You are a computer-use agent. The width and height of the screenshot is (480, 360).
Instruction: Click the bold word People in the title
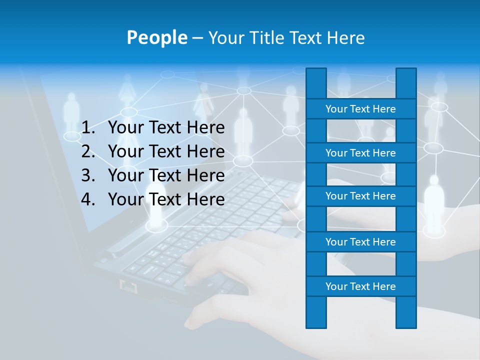tap(156, 37)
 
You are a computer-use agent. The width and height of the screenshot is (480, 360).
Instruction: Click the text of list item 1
tap(166, 127)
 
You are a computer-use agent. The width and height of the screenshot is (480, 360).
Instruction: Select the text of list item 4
tap(166, 199)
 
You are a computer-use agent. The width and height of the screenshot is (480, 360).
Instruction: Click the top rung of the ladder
tap(360, 109)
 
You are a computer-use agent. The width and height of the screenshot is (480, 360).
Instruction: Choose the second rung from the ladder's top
tap(360, 153)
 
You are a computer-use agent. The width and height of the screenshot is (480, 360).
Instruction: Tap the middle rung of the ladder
tap(360, 196)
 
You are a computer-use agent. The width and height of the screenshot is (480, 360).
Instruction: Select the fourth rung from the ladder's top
tap(360, 242)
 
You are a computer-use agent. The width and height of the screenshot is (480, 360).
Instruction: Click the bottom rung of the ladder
tap(360, 286)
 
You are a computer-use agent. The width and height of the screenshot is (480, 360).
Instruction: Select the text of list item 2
tap(166, 151)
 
